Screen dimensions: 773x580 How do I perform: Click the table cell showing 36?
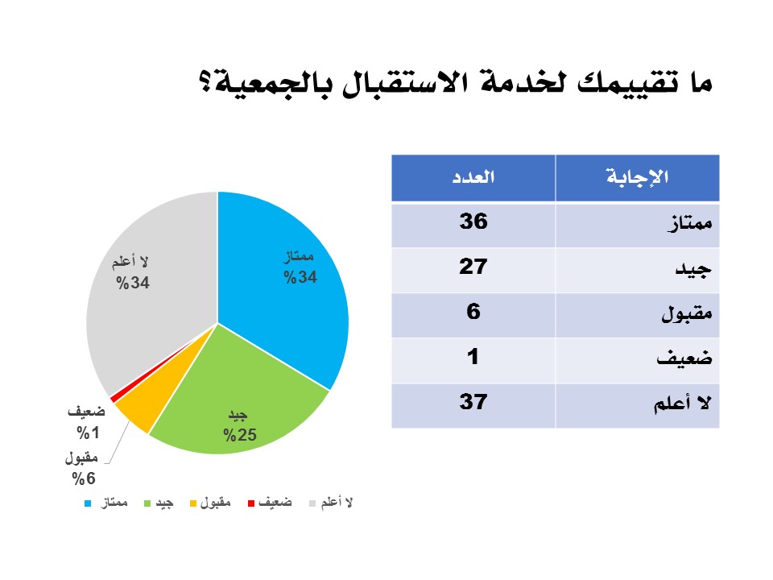point(473,225)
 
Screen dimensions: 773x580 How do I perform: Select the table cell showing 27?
point(473,270)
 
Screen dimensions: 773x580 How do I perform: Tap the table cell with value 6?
point(473,315)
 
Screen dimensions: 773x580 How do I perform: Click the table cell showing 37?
point(473,406)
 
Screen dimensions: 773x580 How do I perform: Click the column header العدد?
point(473,177)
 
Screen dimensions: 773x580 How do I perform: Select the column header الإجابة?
point(638,177)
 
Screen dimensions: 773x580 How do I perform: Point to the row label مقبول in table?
point(687,313)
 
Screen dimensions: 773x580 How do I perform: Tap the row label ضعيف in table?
point(684,358)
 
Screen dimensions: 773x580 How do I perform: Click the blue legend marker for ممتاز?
point(88,503)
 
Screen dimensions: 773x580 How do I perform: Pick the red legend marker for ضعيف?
point(251,503)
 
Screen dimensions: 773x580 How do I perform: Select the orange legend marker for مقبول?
point(193,503)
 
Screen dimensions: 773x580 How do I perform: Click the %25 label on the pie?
point(240,435)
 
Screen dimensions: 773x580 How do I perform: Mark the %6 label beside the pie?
point(83,478)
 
